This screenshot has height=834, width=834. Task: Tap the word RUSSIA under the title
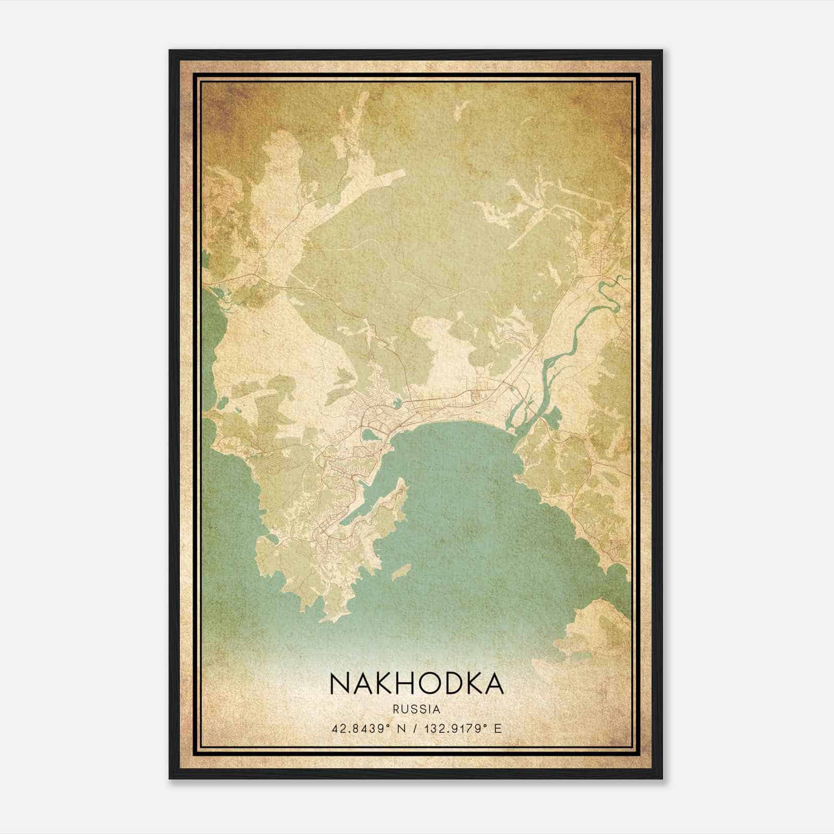[416, 709]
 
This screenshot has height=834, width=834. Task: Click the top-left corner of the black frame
[170, 51]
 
